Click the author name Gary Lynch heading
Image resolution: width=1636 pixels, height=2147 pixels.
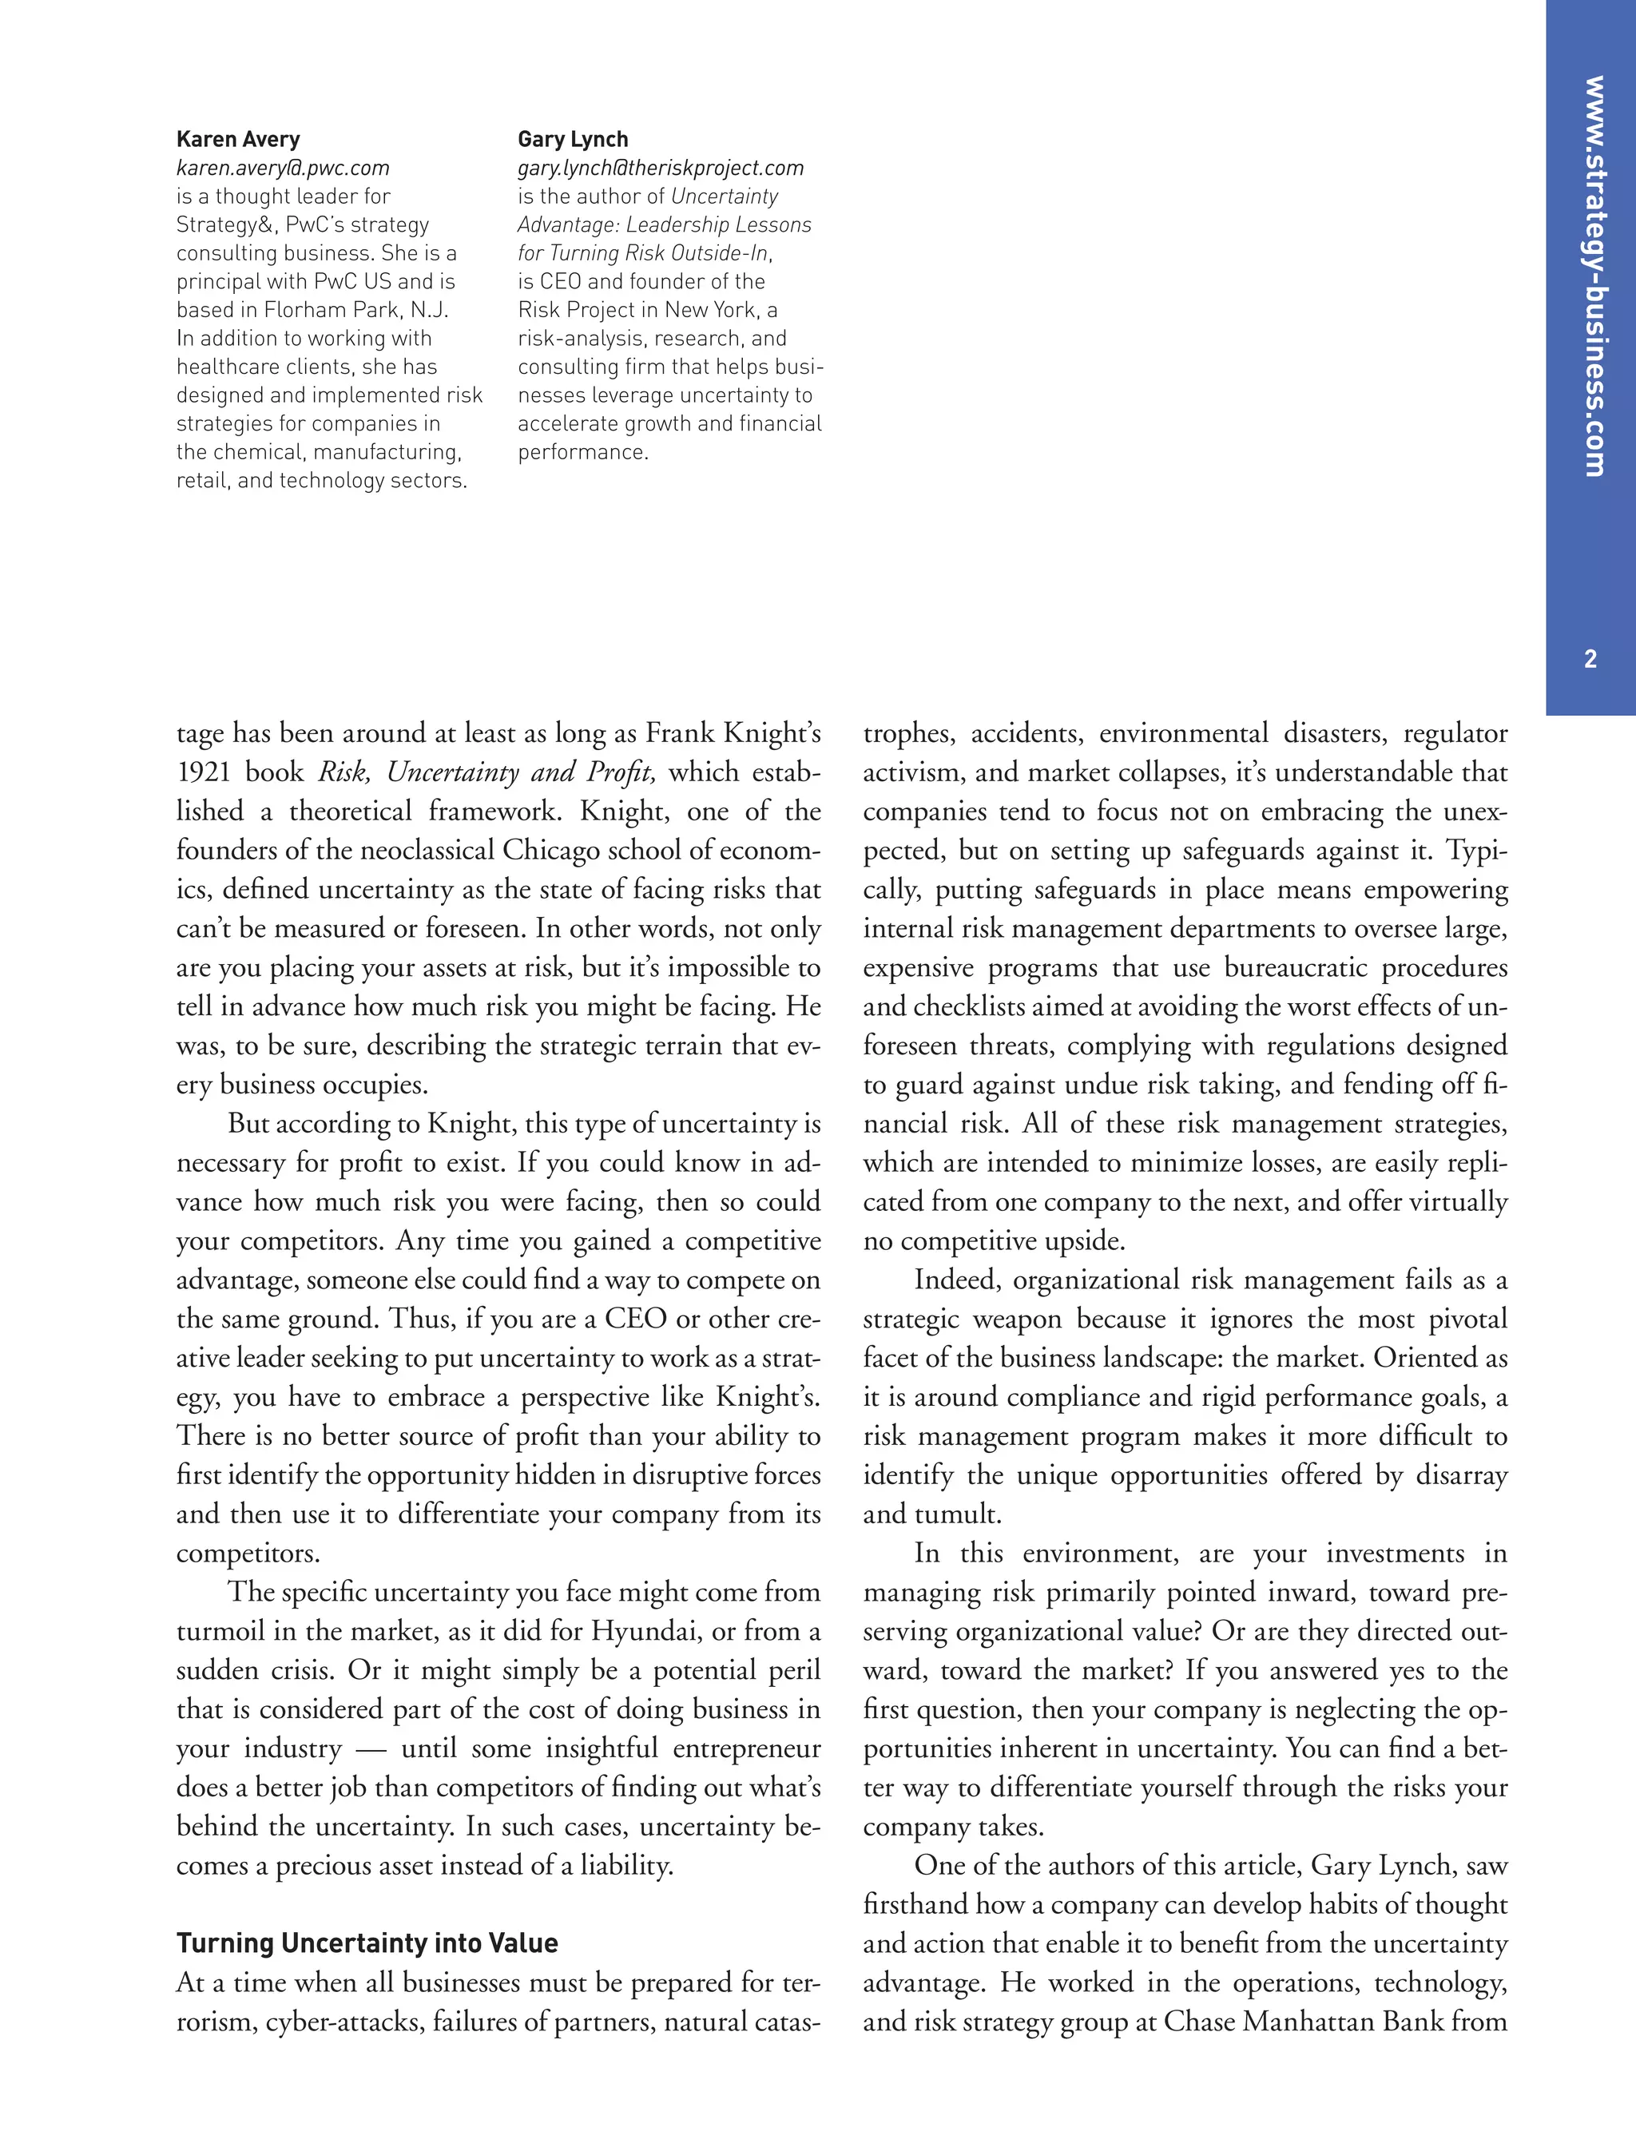click(x=573, y=139)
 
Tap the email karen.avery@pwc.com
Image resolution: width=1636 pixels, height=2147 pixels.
click(x=283, y=169)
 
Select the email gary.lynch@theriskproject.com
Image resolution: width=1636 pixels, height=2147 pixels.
click(x=661, y=169)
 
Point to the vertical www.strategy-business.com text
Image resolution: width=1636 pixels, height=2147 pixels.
click(x=1593, y=276)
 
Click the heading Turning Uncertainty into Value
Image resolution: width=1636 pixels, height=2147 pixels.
click(x=367, y=1943)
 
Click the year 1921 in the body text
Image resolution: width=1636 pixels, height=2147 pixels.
click(x=204, y=772)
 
